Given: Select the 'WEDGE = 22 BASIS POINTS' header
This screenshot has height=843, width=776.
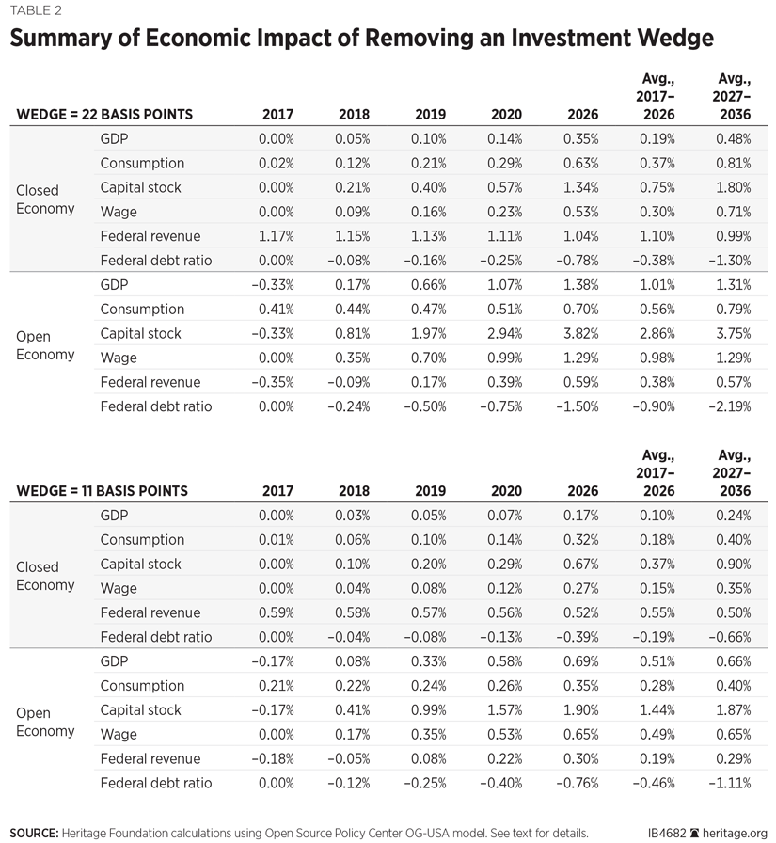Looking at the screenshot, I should pyautogui.click(x=104, y=115).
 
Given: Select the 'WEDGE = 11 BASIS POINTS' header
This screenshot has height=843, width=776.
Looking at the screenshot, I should pyautogui.click(x=102, y=491).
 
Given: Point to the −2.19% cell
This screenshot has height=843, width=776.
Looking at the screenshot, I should pyautogui.click(x=732, y=406).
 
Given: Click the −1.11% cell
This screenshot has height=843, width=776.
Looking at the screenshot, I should pyautogui.click(x=732, y=783).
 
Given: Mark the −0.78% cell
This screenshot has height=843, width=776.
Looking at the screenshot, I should pyautogui.click(x=579, y=261).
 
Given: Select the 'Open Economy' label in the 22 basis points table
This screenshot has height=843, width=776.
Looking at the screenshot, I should pyautogui.click(x=45, y=345).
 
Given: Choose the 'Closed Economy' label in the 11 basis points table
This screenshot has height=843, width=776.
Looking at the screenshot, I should pyautogui.click(x=45, y=576).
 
